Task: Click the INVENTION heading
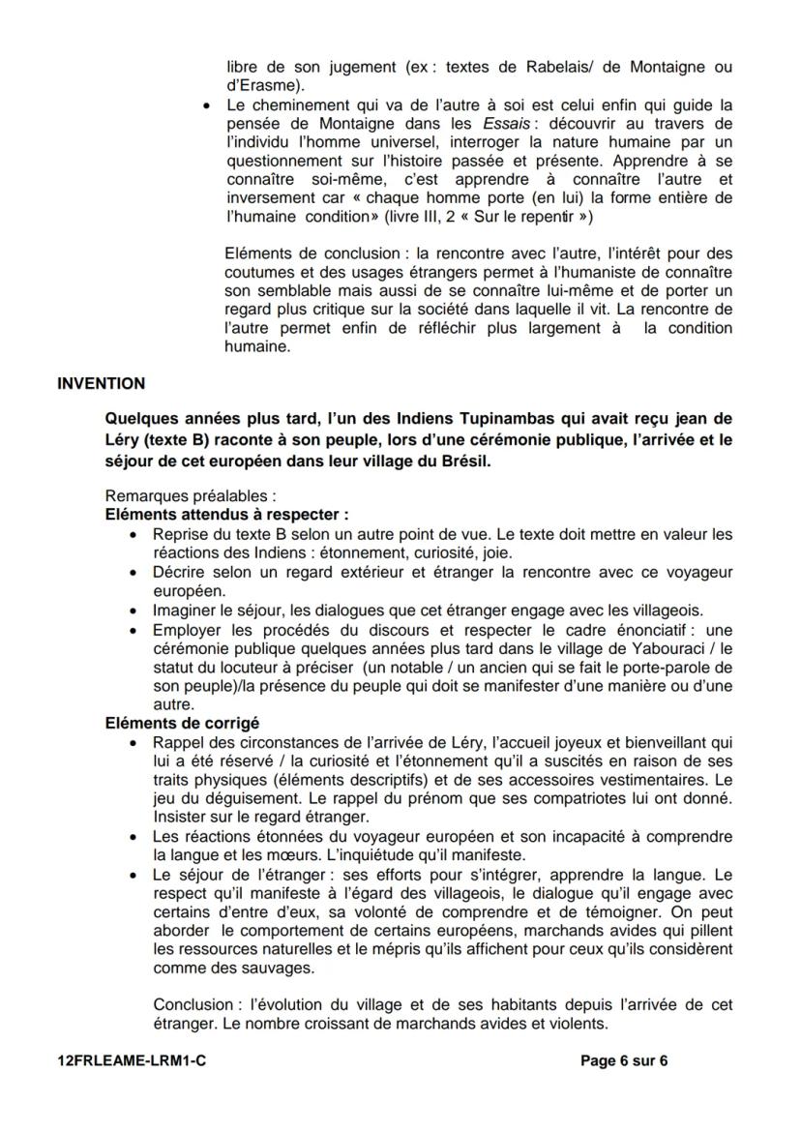[x=102, y=383]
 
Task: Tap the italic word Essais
[x=505, y=124]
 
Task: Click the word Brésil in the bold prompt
[x=465, y=462]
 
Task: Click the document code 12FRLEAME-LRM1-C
[x=133, y=1060]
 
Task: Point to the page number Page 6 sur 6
[x=624, y=1060]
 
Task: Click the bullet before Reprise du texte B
[x=133, y=534]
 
